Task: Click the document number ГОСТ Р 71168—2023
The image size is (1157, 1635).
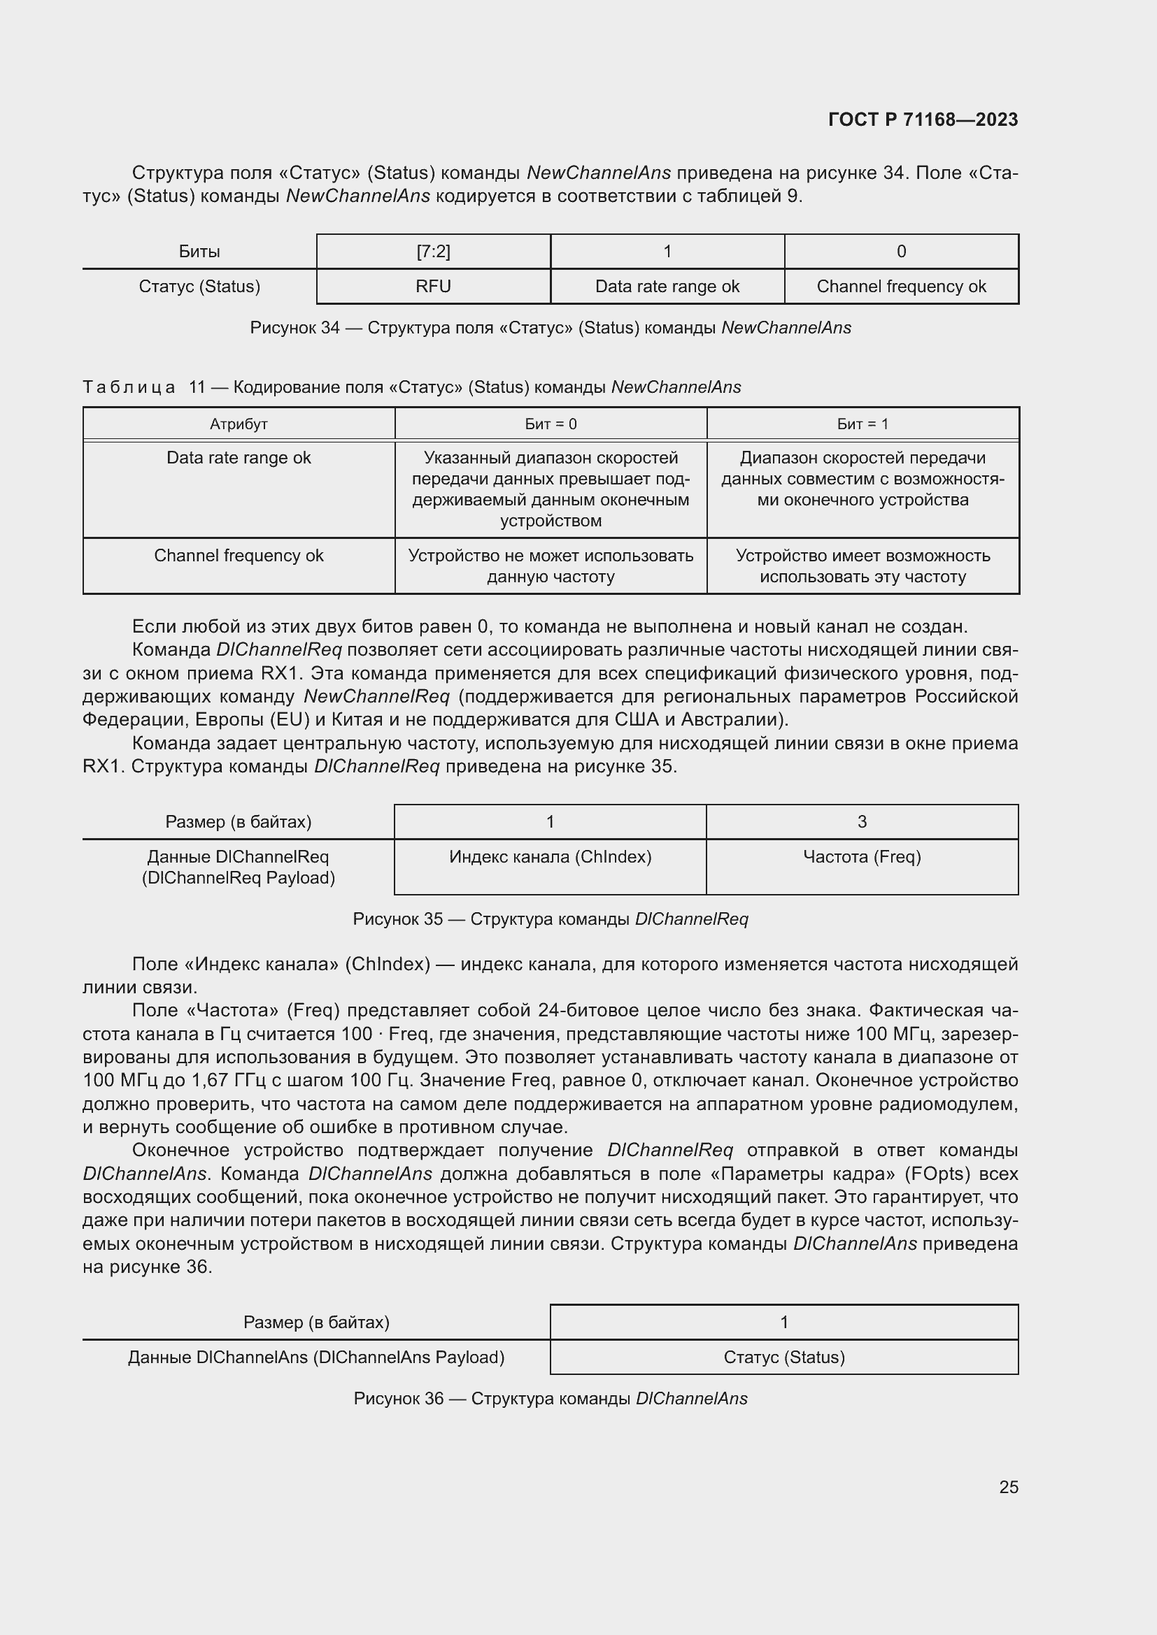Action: (923, 120)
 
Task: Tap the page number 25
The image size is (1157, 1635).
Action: (1008, 1487)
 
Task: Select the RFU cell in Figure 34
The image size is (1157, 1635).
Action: (433, 287)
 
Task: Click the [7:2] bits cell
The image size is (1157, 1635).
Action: (433, 252)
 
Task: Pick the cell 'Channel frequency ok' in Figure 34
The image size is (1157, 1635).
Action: (900, 287)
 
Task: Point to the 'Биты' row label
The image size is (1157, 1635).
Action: (199, 252)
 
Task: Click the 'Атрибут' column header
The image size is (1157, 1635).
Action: (239, 424)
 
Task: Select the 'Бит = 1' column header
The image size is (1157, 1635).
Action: (862, 424)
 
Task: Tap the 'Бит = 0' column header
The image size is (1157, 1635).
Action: (551, 424)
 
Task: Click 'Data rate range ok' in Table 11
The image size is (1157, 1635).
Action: (239, 458)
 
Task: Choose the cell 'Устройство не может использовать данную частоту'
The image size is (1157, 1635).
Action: (551, 566)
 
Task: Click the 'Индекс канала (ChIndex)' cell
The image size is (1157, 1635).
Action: (550, 857)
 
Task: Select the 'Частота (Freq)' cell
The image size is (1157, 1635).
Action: (861, 857)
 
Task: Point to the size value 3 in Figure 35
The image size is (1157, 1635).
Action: (861, 822)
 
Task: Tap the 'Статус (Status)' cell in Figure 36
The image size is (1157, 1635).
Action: (783, 1357)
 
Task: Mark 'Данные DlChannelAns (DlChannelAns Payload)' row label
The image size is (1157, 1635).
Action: (316, 1357)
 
